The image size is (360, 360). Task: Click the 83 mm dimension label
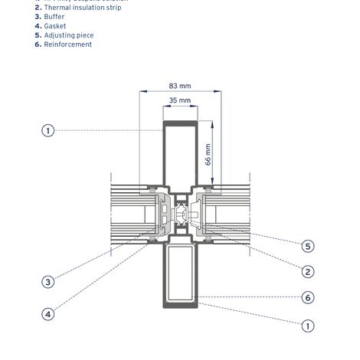pos(179,86)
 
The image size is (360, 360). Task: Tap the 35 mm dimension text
pos(179,100)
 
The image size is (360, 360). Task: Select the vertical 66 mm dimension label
pos(208,155)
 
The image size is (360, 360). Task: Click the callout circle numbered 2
pos(307,271)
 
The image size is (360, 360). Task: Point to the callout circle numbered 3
pos(47,282)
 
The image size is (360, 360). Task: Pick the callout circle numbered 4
pos(47,313)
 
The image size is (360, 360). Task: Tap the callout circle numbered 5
pos(307,246)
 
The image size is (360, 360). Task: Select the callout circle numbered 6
pos(307,297)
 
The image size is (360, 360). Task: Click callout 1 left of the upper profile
pos(47,131)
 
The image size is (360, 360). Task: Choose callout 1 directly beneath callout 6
pos(307,326)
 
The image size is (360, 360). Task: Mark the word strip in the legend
pos(112,7)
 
